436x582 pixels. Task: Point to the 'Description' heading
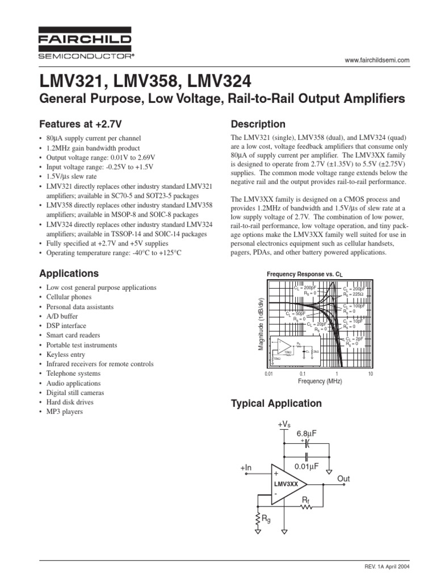(257, 124)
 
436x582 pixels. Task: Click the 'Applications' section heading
(68, 273)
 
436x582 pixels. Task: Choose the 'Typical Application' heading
(276, 404)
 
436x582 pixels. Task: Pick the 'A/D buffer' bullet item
(63, 316)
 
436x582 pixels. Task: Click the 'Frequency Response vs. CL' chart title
(305, 274)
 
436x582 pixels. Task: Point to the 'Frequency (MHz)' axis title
(320, 381)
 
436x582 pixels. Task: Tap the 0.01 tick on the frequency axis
(269, 374)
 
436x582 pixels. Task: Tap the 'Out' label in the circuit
(343, 479)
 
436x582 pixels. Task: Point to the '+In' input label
(245, 468)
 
